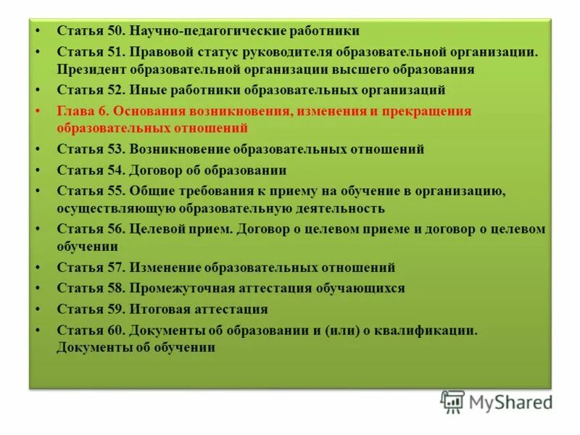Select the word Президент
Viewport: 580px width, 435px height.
[91, 70]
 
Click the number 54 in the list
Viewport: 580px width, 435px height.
[115, 170]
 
